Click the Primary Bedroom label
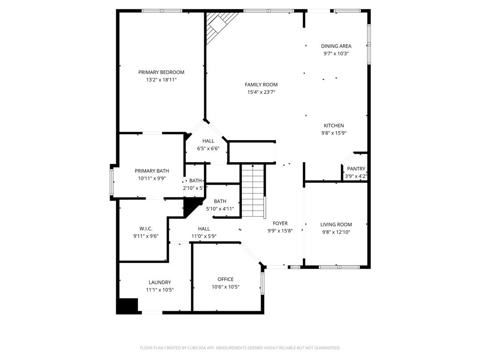pyautogui.click(x=161, y=72)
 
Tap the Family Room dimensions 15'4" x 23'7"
pyautogui.click(x=261, y=92)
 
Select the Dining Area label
pyautogui.click(x=336, y=46)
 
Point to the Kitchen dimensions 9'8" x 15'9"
pyautogui.click(x=334, y=133)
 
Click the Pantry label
pyautogui.click(x=356, y=169)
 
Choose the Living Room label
pyautogui.click(x=336, y=225)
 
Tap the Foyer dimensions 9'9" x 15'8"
pyautogui.click(x=280, y=231)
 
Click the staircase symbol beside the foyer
pyautogui.click(x=253, y=190)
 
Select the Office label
pyautogui.click(x=225, y=279)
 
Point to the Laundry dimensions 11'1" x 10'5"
pyautogui.click(x=160, y=290)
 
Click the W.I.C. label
pyautogui.click(x=146, y=229)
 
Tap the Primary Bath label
pyautogui.click(x=152, y=171)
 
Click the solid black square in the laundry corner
pyautogui.click(x=127, y=306)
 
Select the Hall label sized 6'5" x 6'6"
pyautogui.click(x=208, y=141)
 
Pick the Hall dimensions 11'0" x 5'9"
pyautogui.click(x=204, y=236)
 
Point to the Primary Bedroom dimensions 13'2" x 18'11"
pyautogui.click(x=161, y=80)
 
